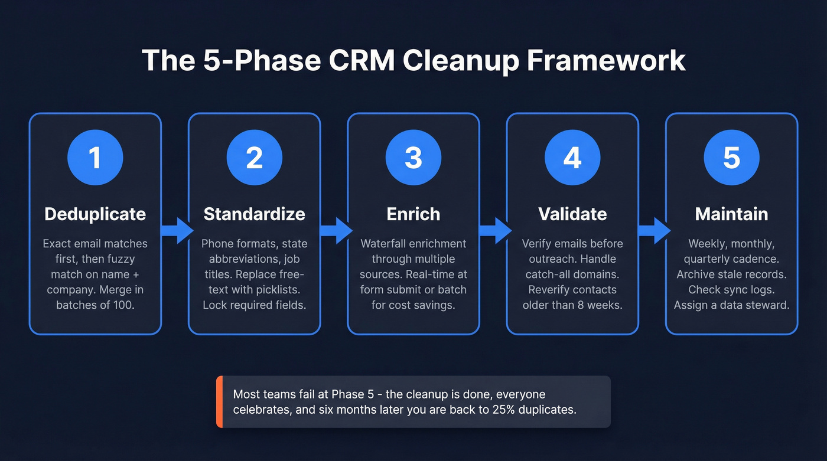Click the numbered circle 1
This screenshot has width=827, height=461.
[x=95, y=158]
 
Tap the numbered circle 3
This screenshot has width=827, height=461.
[x=413, y=158]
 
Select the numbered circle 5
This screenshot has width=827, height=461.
[x=731, y=158]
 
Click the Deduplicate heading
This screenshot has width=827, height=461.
[x=95, y=214]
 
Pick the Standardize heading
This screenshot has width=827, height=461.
[x=254, y=214]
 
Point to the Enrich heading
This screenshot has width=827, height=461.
[x=413, y=214]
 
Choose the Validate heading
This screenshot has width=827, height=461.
[x=572, y=214]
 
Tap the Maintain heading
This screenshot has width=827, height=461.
[x=731, y=214]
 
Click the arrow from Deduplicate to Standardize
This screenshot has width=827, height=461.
[x=175, y=230]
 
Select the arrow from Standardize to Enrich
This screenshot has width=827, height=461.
[x=334, y=230]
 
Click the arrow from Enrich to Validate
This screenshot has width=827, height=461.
[x=494, y=230]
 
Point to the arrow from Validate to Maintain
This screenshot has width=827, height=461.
[x=653, y=230]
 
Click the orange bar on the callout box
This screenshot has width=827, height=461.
[x=219, y=401]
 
